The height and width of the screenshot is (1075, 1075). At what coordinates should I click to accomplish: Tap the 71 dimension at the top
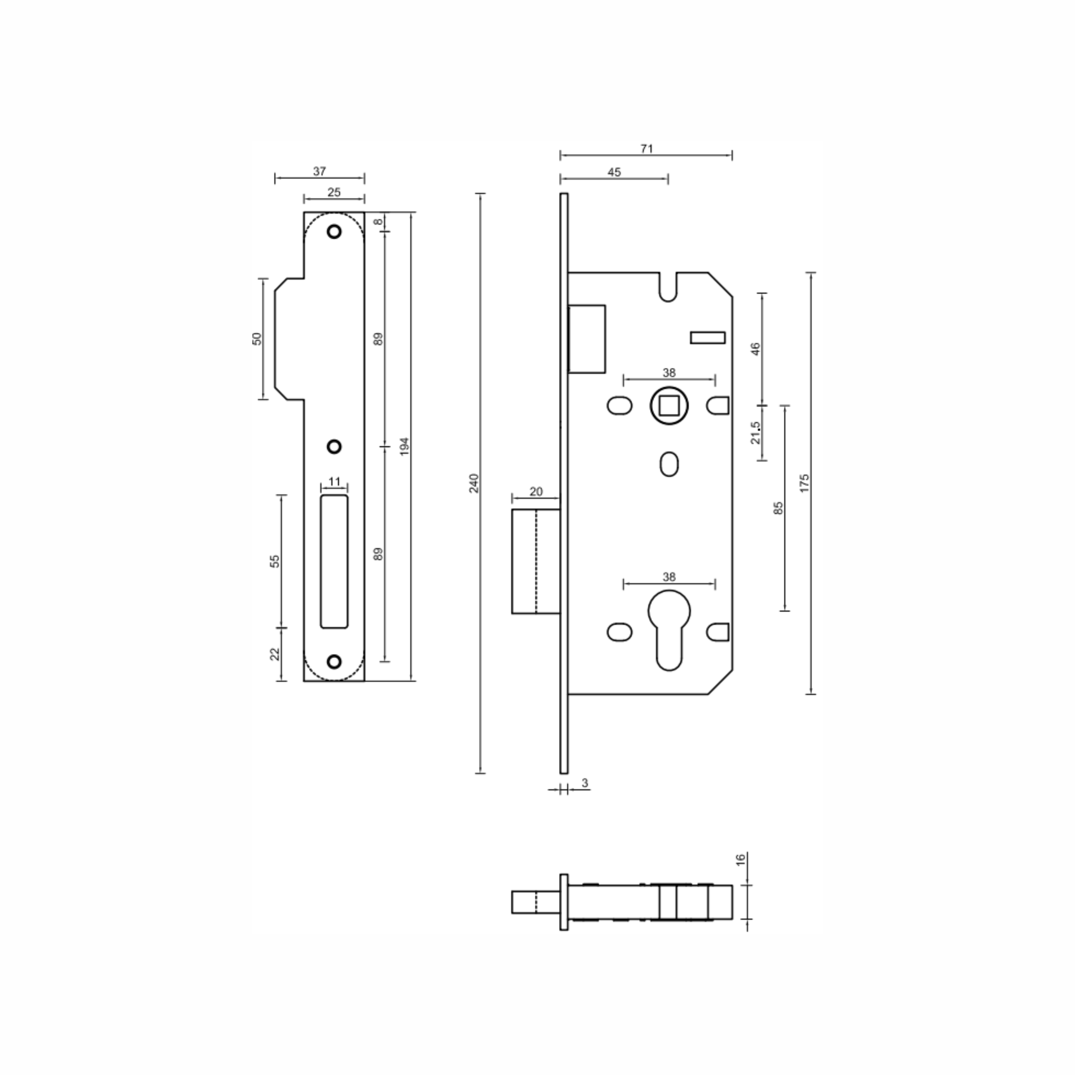pyautogui.click(x=646, y=149)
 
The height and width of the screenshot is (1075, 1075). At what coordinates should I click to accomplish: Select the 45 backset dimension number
pyautogui.click(x=614, y=172)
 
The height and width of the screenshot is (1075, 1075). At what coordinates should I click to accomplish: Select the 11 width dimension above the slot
pyautogui.click(x=334, y=481)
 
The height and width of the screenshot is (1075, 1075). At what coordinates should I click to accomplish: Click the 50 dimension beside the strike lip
pyautogui.click(x=257, y=338)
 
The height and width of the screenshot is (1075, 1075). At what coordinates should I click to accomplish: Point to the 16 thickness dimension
pyautogui.click(x=740, y=859)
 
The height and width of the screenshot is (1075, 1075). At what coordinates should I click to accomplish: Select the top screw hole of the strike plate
pyautogui.click(x=334, y=232)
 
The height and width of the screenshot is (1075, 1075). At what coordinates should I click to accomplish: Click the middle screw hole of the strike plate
pyautogui.click(x=334, y=446)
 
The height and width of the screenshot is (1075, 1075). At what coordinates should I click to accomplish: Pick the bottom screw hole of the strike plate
pyautogui.click(x=334, y=661)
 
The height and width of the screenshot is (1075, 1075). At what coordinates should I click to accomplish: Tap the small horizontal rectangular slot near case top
pyautogui.click(x=707, y=338)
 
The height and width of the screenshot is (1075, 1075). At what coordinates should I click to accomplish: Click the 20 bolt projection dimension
pyautogui.click(x=535, y=491)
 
